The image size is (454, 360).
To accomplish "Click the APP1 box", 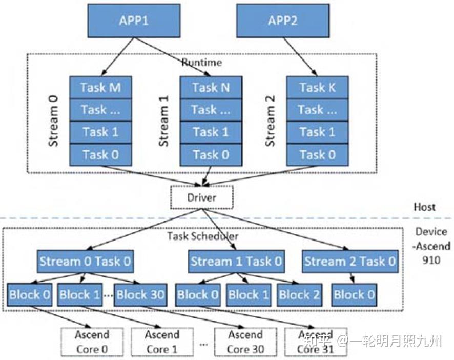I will click(134, 21).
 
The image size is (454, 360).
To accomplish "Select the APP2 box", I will click(282, 21).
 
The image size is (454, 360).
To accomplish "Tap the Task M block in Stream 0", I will click(100, 87).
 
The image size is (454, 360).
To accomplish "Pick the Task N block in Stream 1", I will click(211, 87).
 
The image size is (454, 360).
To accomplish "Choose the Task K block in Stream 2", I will click(318, 87).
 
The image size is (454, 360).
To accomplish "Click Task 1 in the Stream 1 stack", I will click(211, 132).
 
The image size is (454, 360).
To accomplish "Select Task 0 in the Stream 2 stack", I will click(318, 154).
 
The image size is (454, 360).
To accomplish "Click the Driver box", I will click(201, 197).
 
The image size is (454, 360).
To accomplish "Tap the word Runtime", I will click(201, 62).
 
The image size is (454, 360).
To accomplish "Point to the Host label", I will click(424, 207).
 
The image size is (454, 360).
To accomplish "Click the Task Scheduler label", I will click(202, 236).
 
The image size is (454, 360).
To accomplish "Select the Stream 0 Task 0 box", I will click(85, 261).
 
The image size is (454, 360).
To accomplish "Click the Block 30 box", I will click(140, 294).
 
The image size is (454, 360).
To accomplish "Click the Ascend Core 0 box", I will click(92, 342).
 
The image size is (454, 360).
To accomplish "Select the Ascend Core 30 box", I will click(245, 342).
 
